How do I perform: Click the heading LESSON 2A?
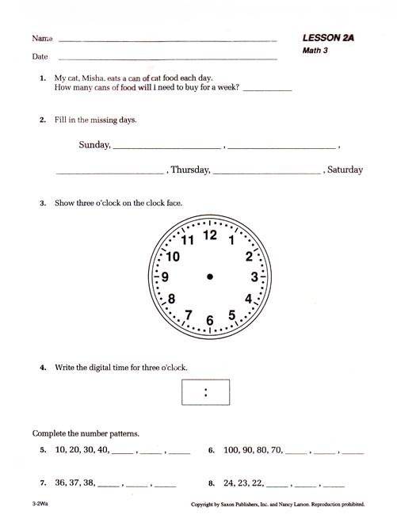327,38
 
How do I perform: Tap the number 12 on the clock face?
210,235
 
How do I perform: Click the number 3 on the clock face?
254,277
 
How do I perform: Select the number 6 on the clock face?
210,320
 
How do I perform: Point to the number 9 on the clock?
165,277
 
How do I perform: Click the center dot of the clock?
210,277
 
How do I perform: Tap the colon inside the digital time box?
206,391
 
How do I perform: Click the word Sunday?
95,145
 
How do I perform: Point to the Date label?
40,57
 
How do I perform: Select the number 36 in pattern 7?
60,482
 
